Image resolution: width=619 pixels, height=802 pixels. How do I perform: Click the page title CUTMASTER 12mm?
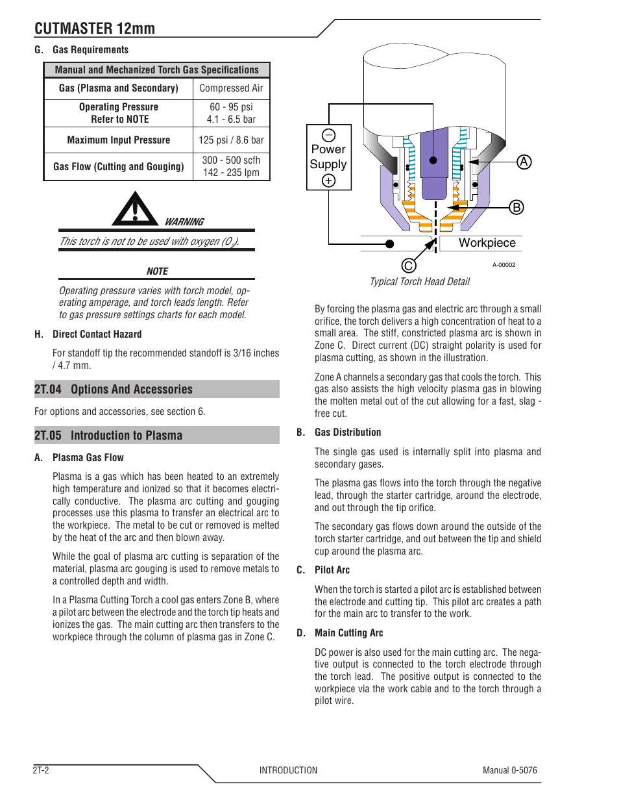pos(95,29)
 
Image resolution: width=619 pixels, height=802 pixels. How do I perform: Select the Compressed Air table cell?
pos(231,88)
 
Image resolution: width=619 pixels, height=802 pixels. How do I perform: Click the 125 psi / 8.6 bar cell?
pos(231,140)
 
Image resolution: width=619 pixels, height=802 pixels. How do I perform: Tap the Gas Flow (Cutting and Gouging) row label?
pos(119,167)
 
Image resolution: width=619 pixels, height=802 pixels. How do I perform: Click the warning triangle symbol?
pos(135,210)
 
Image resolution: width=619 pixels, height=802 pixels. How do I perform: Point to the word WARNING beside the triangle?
pos(184,222)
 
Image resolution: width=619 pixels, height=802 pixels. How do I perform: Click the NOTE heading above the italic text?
pos(157,271)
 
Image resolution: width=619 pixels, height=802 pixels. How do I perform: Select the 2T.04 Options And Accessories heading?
pos(114,390)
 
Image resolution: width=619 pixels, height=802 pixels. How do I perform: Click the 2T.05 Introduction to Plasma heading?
pos(108,436)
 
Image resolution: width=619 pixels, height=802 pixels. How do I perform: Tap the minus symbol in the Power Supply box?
pos(329,135)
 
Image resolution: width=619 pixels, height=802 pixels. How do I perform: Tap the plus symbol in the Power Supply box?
pos(329,181)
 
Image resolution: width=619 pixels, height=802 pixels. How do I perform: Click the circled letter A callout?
pos(524,162)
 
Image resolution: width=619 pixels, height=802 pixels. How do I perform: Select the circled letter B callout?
pos(516,207)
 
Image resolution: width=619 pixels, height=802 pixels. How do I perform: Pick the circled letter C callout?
pos(408,266)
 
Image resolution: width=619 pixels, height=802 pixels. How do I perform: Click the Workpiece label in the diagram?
pos(487,243)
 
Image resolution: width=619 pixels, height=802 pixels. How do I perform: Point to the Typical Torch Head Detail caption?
pos(420,282)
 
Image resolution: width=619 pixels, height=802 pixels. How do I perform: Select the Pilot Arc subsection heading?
pos(332,570)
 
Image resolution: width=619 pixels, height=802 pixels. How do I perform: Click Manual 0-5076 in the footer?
pos(509,770)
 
